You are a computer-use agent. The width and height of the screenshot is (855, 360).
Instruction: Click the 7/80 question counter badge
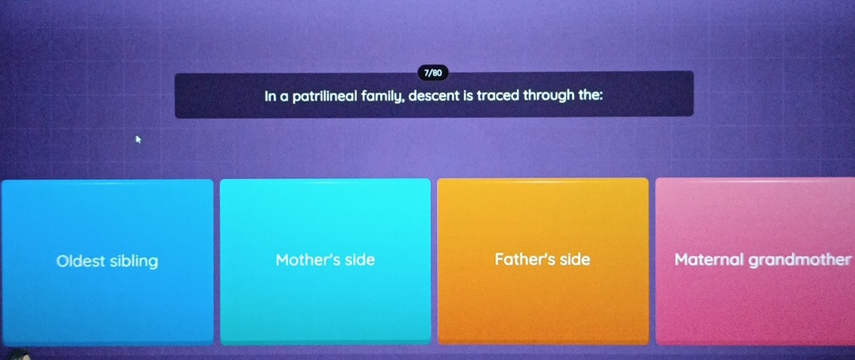click(433, 73)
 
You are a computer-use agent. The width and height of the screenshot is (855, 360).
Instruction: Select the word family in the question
click(382, 97)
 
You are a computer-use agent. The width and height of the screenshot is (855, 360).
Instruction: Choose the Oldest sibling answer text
click(107, 261)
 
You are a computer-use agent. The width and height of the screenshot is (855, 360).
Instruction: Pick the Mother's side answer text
click(325, 260)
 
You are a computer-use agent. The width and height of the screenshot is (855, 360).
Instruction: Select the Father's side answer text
click(542, 260)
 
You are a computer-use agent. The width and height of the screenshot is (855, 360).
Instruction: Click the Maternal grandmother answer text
click(762, 260)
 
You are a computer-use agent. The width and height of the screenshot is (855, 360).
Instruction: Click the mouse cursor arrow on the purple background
click(138, 140)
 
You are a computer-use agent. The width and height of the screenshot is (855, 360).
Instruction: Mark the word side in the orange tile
click(575, 260)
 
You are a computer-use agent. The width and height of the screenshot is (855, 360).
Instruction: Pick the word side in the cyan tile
click(359, 260)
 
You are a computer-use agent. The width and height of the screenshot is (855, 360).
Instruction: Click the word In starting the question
click(270, 97)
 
